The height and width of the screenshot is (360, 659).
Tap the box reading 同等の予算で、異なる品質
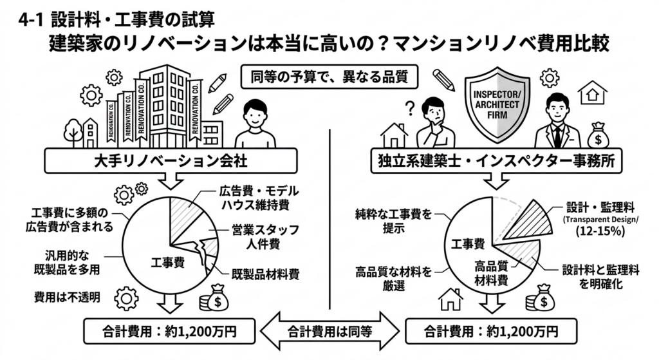click(329, 77)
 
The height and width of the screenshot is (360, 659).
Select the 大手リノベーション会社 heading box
click(171, 160)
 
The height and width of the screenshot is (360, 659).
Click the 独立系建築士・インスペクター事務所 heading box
click(496, 160)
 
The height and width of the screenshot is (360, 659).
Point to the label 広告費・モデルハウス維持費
click(259, 198)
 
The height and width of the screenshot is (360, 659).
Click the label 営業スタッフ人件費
click(265, 236)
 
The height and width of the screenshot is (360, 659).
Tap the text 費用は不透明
click(67, 298)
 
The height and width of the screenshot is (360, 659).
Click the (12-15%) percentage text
click(600, 231)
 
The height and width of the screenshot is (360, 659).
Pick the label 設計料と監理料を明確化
click(600, 277)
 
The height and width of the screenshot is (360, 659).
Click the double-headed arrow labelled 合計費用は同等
click(330, 332)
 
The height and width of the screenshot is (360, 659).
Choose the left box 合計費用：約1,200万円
click(169, 332)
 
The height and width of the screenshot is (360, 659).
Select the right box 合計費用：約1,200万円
click(491, 332)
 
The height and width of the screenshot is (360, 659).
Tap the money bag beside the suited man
click(599, 135)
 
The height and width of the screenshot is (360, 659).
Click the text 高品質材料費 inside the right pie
click(491, 273)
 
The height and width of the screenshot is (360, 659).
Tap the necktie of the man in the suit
click(557, 135)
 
